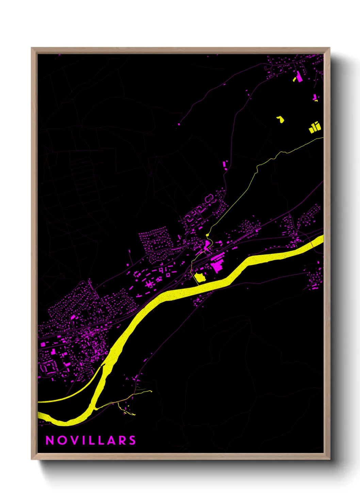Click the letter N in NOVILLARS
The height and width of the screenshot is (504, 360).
tap(50, 440)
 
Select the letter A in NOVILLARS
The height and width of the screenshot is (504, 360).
tap(110, 440)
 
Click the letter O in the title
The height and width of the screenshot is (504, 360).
tap(62, 440)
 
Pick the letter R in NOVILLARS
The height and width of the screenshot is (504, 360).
tap(121, 440)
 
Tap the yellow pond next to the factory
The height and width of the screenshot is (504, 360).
tap(199, 278)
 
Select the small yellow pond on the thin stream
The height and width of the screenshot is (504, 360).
tap(207, 235)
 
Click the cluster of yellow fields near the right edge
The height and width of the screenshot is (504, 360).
tap(315, 127)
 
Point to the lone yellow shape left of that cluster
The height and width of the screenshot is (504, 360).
tap(280, 119)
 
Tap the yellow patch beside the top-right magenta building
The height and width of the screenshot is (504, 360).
tap(295, 79)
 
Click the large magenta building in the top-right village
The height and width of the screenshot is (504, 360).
tap(299, 77)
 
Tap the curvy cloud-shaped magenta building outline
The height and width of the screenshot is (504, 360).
tap(210, 198)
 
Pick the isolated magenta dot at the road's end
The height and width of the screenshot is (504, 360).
tap(179, 125)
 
